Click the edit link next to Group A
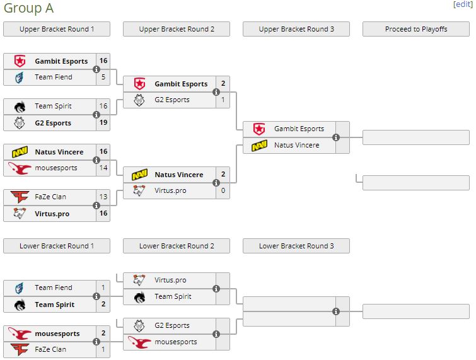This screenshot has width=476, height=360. [x=462, y=4]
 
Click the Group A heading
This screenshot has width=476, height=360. [x=28, y=8]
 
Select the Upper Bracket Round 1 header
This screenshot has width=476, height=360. [x=57, y=29]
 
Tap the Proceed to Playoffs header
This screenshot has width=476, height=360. [x=416, y=29]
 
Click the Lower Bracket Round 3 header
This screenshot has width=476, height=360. [x=296, y=246]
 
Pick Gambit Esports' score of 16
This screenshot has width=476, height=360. [x=103, y=61]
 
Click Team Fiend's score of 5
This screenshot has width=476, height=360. [x=103, y=77]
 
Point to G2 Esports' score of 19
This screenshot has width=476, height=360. [x=103, y=123]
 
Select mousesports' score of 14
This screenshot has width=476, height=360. [x=103, y=168]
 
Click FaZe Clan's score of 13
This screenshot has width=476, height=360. [x=103, y=197]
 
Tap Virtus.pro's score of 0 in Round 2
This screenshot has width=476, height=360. [x=223, y=190]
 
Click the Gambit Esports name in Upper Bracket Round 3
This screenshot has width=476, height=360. [x=299, y=129]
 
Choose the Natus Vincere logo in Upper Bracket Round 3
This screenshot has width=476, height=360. [x=259, y=146]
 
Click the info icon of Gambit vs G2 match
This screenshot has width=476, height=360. [x=216, y=92]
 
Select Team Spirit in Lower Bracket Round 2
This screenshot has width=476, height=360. [x=173, y=296]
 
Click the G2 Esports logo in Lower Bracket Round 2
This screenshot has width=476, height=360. [x=139, y=326]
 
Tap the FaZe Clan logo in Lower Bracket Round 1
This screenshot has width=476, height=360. [x=20, y=349]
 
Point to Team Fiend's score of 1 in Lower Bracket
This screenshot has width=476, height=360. [x=103, y=287]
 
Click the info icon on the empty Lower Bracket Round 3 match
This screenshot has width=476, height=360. [x=336, y=311]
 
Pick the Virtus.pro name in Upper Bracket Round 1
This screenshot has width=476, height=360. [x=52, y=214]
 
